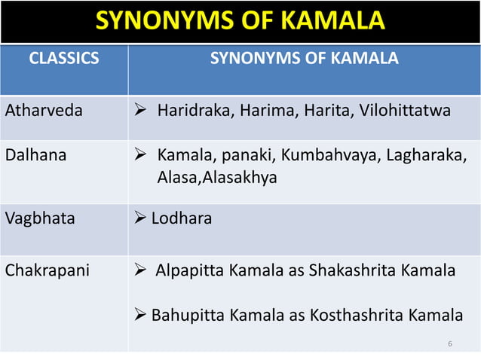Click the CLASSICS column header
63,58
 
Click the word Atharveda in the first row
38,111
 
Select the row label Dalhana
35,156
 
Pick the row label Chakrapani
41,270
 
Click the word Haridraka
193,111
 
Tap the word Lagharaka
415,156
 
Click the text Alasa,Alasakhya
217,178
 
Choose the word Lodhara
182,218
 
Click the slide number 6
449,344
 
